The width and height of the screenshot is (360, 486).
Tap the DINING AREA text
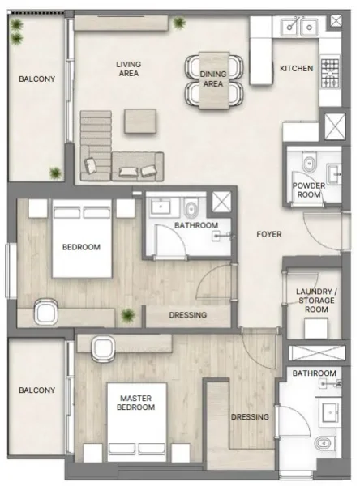pyautogui.click(x=212, y=79)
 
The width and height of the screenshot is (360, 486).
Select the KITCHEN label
pyautogui.click(x=296, y=69)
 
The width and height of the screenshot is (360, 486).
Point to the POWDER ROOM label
pyautogui.click(x=309, y=190)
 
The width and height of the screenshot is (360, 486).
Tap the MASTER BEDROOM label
pyautogui.click(x=136, y=403)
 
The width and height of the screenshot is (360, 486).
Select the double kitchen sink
pyautogui.click(x=298, y=28)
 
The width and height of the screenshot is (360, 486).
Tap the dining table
pyautogui.click(x=212, y=79)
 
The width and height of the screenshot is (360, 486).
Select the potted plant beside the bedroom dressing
pyautogui.click(x=128, y=315)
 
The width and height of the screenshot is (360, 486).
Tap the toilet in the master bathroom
pyautogui.click(x=324, y=443)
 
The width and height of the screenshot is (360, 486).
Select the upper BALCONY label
pyautogui.click(x=37, y=79)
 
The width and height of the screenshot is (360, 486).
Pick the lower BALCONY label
pyautogui.click(x=37, y=390)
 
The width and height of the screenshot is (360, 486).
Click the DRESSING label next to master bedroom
pyautogui.click(x=250, y=417)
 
